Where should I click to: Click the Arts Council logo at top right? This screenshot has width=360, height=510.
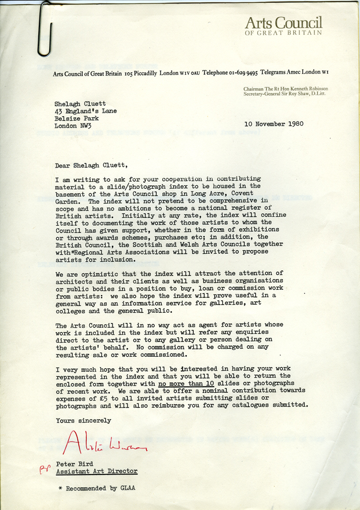coord(283,26)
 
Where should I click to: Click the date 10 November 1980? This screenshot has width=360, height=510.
coord(273,123)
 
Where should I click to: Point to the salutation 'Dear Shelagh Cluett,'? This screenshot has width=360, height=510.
coord(91,166)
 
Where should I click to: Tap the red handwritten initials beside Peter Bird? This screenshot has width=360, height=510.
coord(44,468)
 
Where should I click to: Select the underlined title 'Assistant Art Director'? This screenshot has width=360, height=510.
coord(97,471)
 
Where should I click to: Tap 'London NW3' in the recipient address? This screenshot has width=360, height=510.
coord(73,126)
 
